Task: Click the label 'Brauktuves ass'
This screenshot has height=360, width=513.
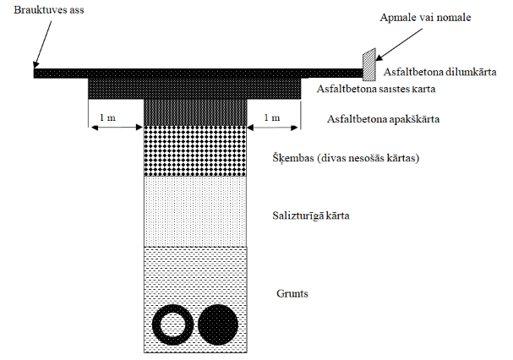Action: click(x=49, y=10)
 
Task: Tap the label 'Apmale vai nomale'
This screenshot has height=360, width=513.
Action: click(x=425, y=17)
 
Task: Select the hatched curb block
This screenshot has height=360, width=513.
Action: click(x=368, y=64)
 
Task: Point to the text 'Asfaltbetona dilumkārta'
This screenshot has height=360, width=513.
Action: click(x=439, y=72)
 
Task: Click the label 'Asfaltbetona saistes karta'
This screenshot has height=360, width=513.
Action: click(x=376, y=89)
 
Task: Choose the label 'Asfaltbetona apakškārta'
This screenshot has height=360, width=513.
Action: click(x=383, y=119)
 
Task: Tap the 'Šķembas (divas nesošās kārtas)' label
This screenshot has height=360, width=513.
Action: click(x=346, y=158)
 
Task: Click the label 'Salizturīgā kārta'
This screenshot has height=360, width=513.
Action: click(x=311, y=215)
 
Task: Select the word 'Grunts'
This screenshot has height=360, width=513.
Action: click(x=292, y=293)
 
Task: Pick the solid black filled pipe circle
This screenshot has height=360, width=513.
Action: click(x=218, y=325)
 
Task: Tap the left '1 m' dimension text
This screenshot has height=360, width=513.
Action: click(x=107, y=117)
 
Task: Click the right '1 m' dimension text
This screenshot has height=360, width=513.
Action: click(x=272, y=117)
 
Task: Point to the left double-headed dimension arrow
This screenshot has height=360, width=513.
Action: click(x=117, y=128)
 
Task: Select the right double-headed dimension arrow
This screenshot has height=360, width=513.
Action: click(x=273, y=128)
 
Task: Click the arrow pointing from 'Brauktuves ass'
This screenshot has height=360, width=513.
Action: click(x=42, y=45)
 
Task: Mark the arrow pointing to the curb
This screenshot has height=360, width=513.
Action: click(x=399, y=45)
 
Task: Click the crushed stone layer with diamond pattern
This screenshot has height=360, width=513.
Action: click(x=195, y=151)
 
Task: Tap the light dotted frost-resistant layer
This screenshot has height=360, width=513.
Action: click(x=195, y=211)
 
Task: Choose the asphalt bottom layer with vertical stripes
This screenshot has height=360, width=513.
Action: click(x=195, y=112)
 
